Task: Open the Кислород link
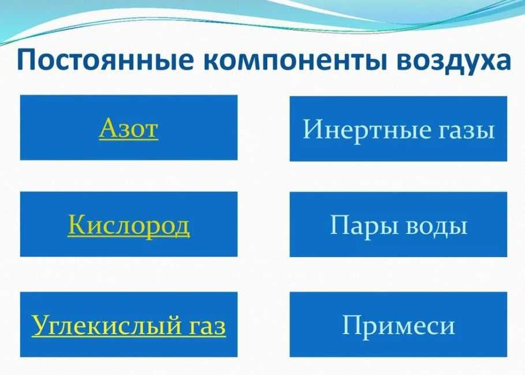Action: coord(129,225)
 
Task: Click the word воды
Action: coord(437,227)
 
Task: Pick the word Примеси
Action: coord(399,325)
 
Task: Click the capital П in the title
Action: coord(27,59)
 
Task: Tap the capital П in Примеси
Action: coord(354,325)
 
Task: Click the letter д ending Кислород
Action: coord(181,228)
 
